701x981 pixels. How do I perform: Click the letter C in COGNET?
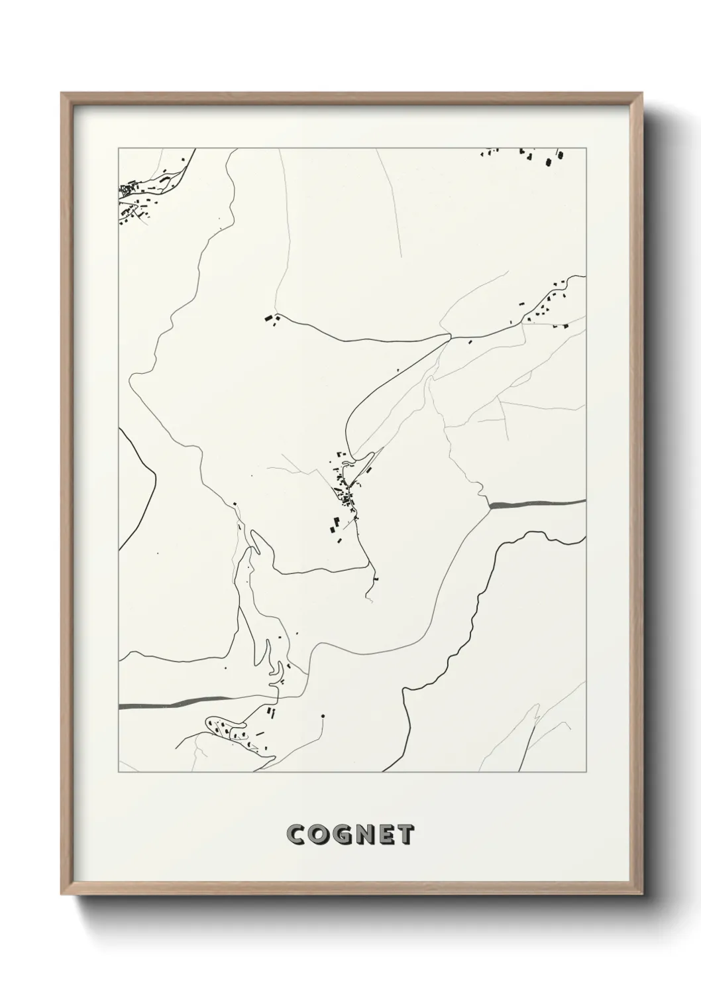pos(296,835)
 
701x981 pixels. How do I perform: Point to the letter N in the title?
pos(362,835)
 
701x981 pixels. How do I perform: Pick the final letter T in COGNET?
pos(405,835)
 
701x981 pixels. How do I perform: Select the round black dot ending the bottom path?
pos(323,716)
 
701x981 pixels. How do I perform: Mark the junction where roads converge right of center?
pos(450,337)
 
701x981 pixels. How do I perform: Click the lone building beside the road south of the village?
pos(376,579)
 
